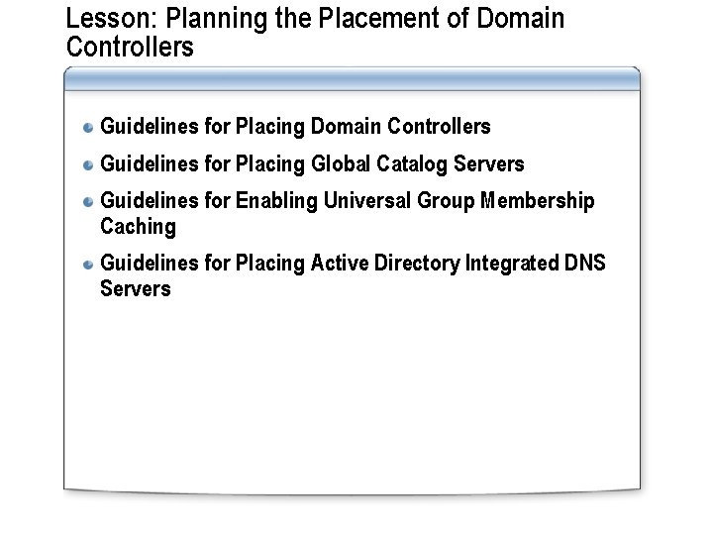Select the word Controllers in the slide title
click(x=130, y=47)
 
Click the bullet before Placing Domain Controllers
click(x=88, y=127)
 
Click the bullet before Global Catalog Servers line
click(x=88, y=163)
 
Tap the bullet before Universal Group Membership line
click(x=88, y=201)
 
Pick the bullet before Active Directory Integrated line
click(x=88, y=264)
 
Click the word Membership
click(x=539, y=201)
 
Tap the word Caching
click(x=138, y=227)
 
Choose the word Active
click(x=341, y=264)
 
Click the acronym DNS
click(x=585, y=264)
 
